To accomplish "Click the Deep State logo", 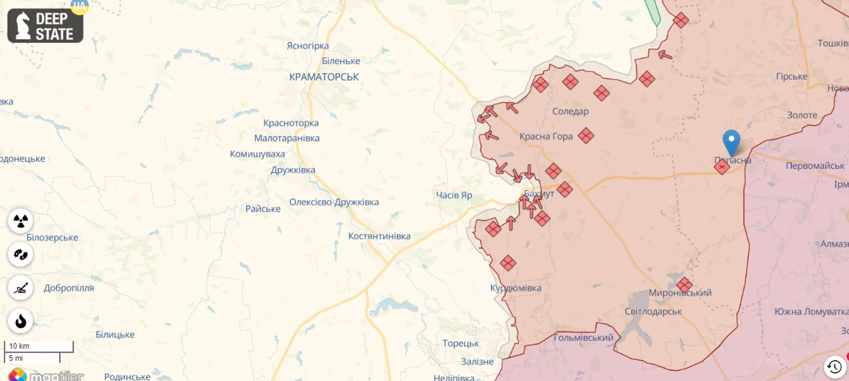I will tap(45, 25).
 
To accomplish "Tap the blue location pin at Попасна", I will tap(732, 142).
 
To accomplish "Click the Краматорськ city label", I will tap(324, 77).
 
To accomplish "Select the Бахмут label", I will tap(539, 193).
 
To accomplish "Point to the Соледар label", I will tap(570, 111).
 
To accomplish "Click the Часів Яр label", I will tap(454, 195).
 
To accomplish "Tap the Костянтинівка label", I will tap(379, 236).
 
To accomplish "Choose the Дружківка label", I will tap(293, 170).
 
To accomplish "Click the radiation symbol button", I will tap(20, 221).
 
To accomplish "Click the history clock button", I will tap(834, 366).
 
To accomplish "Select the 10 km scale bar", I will tap(38, 347).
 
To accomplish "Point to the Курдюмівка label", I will tap(516, 288).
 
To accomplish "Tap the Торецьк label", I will tap(461, 343).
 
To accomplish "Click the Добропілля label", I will tap(69, 288).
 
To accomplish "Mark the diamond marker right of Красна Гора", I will tap(585, 135).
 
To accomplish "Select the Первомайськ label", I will tap(815, 165).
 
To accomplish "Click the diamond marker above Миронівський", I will tap(684, 284).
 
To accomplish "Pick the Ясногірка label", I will tap(307, 46).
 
